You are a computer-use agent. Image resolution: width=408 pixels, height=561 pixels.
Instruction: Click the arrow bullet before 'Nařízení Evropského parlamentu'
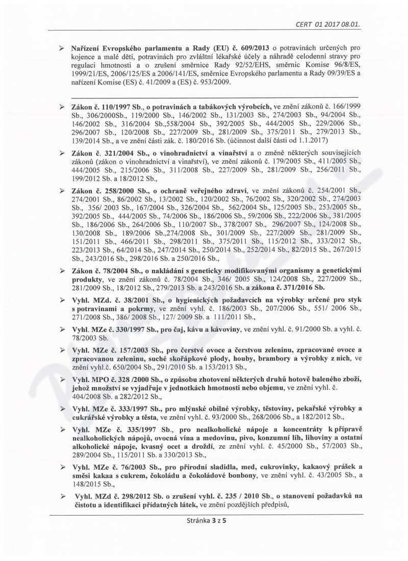pos(61,49)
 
